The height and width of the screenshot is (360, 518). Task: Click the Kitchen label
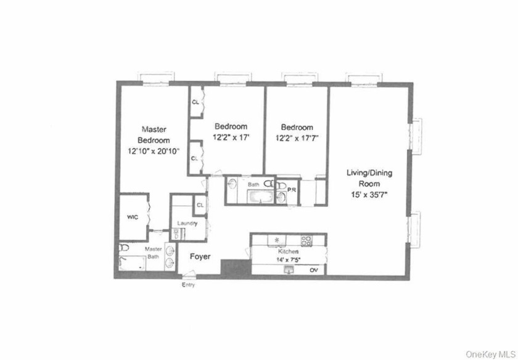[289, 252]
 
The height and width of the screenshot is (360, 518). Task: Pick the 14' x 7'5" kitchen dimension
[289, 260]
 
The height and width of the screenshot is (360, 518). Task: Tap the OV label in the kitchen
[313, 270]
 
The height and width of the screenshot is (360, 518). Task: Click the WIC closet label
[132, 218]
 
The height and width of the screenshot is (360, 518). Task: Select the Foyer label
[200, 255]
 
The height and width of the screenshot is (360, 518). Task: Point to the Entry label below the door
[189, 286]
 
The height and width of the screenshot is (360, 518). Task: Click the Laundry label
[186, 223]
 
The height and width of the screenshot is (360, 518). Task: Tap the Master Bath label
[154, 253]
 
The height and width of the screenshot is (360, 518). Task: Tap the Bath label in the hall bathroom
[253, 184]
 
